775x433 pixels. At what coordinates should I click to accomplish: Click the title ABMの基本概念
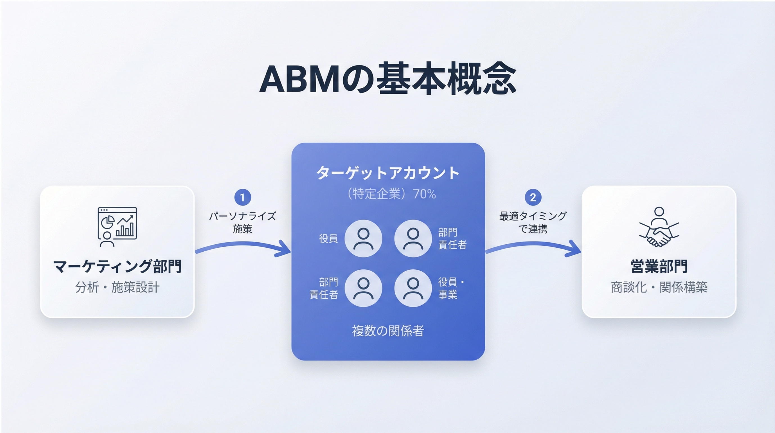click(x=387, y=79)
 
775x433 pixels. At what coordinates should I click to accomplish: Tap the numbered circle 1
click(x=242, y=197)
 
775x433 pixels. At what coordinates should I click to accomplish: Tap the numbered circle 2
click(x=533, y=197)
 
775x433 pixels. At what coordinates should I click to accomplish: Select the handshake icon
click(x=659, y=227)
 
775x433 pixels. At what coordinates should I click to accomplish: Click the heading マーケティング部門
click(x=117, y=267)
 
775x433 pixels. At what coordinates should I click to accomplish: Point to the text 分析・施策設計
click(x=117, y=287)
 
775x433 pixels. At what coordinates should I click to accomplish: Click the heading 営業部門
click(x=659, y=267)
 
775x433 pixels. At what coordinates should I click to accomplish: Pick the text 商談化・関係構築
click(x=659, y=287)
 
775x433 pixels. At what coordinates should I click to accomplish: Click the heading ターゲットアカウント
click(x=388, y=173)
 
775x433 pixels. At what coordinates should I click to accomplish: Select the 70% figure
click(x=424, y=194)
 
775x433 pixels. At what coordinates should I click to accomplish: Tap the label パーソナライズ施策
click(x=242, y=222)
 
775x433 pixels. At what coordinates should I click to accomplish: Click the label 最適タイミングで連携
click(x=533, y=222)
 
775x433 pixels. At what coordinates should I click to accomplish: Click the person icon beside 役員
click(x=363, y=238)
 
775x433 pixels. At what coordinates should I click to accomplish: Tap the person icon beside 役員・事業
click(x=413, y=288)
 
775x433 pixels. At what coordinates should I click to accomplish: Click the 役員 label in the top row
click(x=328, y=238)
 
